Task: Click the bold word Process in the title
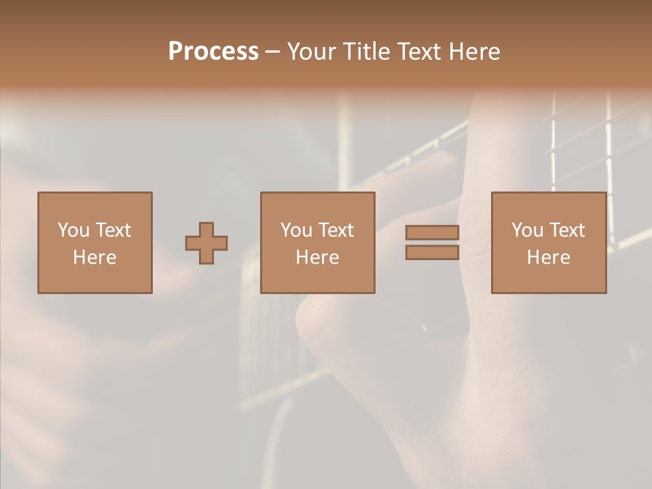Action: coord(213,52)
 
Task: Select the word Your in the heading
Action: coord(312,52)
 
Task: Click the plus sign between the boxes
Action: coord(206,243)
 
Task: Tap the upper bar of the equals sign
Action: coord(432,233)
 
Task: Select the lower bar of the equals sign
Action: coord(432,253)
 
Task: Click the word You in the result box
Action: coord(527,231)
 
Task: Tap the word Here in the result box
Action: coord(548,257)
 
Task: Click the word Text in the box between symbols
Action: coord(336,231)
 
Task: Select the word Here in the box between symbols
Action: coord(317,257)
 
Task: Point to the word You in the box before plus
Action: coord(73,231)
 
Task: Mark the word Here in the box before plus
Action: coord(94,257)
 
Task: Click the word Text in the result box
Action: coord(567,231)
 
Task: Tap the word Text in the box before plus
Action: coord(113,231)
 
